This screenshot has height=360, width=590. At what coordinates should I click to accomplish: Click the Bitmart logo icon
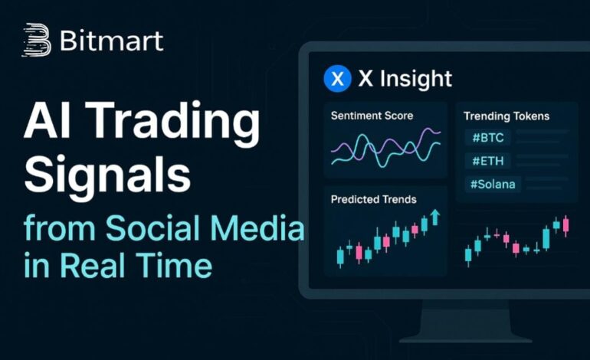[37, 40]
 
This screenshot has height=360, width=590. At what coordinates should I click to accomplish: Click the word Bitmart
[111, 41]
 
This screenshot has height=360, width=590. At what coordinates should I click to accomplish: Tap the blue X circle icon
[337, 79]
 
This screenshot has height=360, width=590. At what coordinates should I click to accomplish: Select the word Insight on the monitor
[416, 80]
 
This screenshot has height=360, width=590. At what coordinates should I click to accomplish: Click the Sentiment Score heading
[372, 116]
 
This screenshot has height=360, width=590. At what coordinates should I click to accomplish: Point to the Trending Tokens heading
[506, 116]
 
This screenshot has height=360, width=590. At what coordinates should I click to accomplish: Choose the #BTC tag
[487, 137]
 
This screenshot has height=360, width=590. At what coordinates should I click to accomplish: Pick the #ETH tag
[487, 161]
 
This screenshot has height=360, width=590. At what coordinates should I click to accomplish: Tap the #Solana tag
[493, 185]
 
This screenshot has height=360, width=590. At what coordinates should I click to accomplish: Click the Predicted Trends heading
[374, 199]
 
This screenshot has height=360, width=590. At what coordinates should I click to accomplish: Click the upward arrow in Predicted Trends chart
[435, 217]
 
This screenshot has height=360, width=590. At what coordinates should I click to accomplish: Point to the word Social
[153, 227]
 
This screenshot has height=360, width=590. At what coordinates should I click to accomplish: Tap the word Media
[257, 227]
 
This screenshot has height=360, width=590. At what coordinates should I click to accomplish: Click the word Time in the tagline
[174, 265]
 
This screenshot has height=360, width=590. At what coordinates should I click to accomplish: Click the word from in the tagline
[60, 227]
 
